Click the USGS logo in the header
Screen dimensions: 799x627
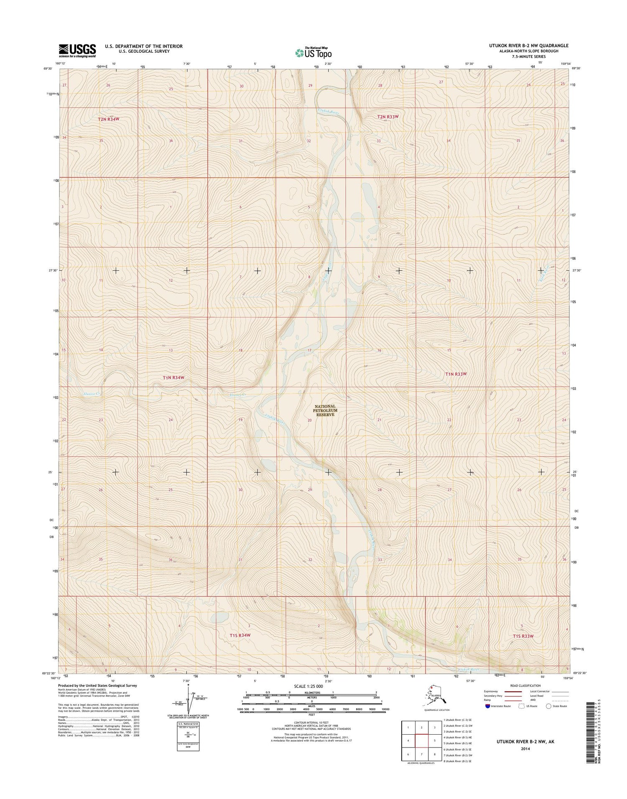pos(77,51)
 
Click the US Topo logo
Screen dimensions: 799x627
pos(313,53)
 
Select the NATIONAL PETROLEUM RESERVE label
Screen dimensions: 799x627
pos(325,411)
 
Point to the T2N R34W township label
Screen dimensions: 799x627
pos(109,119)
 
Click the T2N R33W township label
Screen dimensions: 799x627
pos(387,117)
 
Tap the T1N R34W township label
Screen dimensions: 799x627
pos(173,377)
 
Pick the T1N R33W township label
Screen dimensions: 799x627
pos(456,374)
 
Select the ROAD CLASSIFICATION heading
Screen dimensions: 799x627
pos(525,686)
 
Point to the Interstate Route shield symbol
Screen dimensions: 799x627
pos(487,706)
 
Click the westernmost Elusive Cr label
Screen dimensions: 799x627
pos(91,394)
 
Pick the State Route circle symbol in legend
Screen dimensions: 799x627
pos(548,706)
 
